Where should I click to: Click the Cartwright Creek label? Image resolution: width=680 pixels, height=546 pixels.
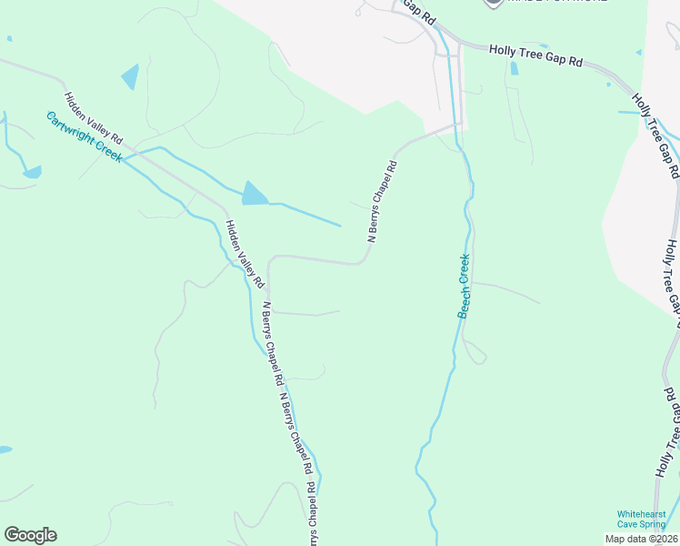tap(85, 137)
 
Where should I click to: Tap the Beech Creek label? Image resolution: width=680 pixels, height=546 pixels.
tap(465, 286)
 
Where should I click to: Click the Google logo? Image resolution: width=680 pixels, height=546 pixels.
tap(30, 535)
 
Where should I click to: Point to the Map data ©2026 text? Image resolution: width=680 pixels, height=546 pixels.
tap(641, 539)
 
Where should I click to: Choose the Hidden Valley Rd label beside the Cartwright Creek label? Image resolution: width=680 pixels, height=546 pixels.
tap(93, 118)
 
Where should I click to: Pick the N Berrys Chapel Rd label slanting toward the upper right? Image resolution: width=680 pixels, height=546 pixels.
tap(383, 201)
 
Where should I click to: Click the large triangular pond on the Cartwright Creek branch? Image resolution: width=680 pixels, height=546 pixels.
tap(255, 194)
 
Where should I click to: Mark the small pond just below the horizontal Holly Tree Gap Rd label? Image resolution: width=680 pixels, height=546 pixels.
tap(515, 68)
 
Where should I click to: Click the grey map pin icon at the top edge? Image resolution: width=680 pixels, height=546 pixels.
tap(493, 3)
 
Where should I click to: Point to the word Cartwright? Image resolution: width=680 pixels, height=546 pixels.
tap(71, 129)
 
